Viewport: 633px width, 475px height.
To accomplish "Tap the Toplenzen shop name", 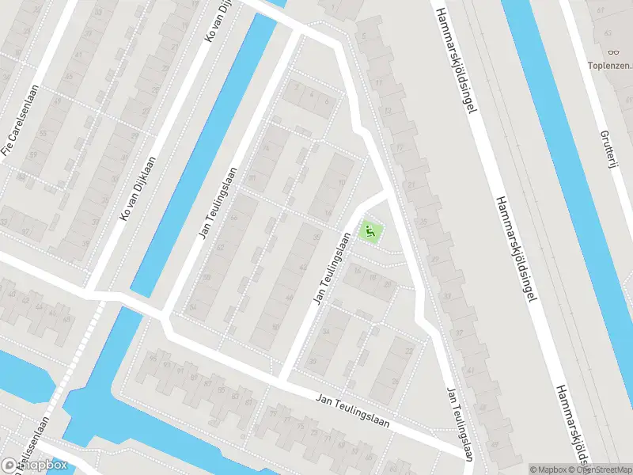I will (610, 65).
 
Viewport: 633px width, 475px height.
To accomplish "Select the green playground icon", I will (370, 232).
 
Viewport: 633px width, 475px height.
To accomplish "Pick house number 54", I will (192, 306).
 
